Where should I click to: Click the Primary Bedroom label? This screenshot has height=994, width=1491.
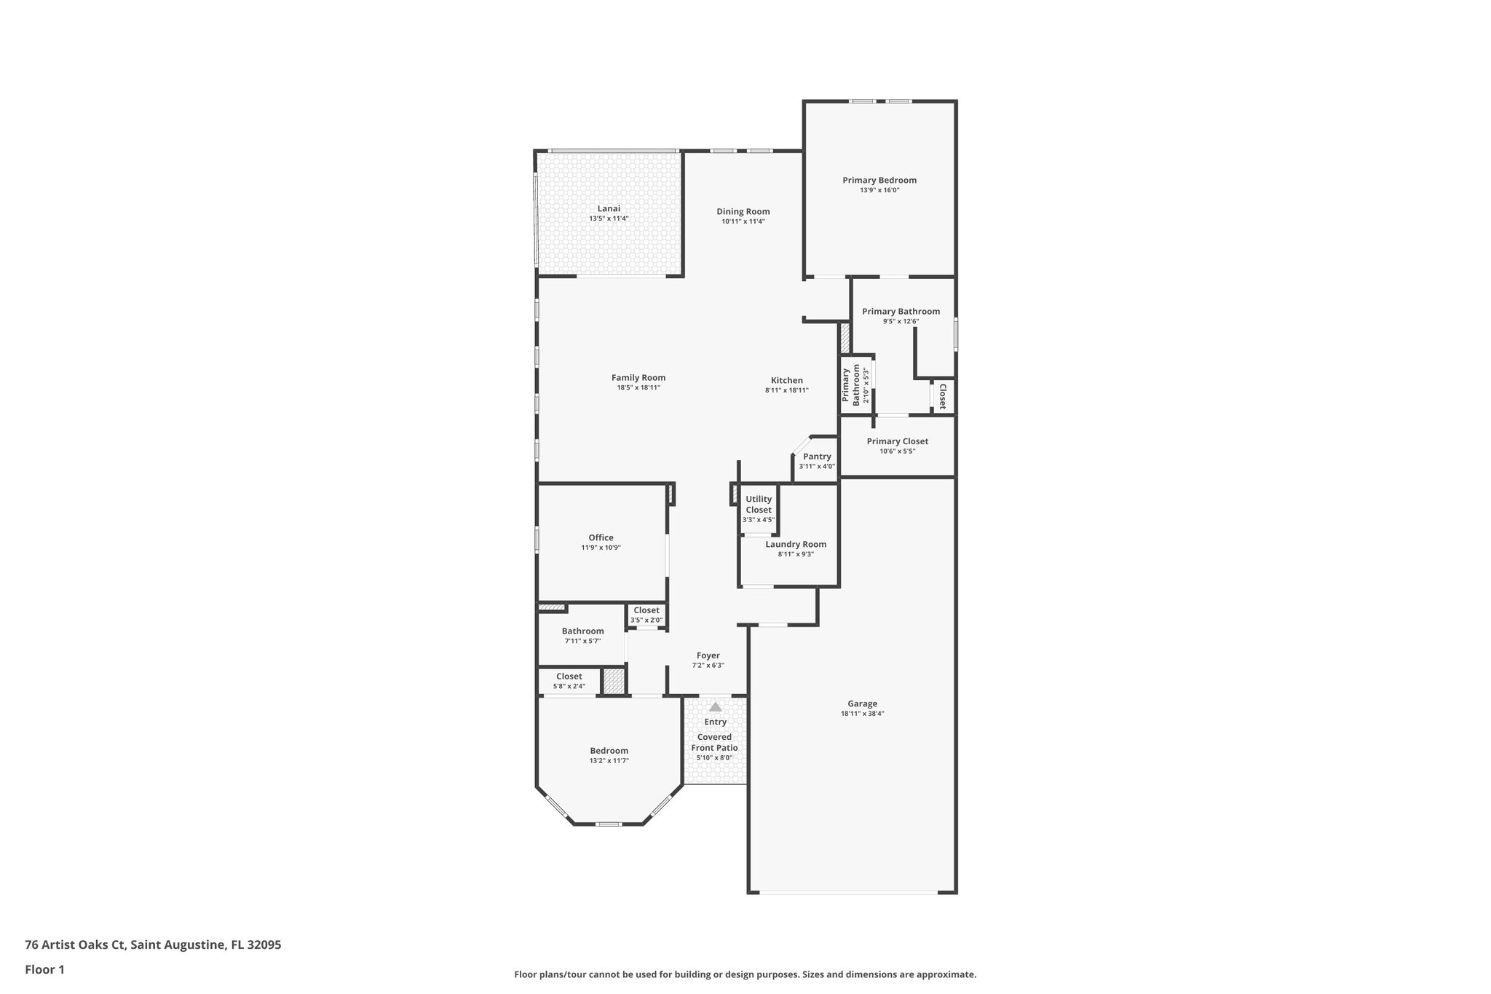click(x=879, y=181)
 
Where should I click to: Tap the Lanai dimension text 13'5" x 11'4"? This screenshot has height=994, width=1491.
click(x=609, y=218)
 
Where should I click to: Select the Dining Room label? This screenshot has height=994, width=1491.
click(x=743, y=212)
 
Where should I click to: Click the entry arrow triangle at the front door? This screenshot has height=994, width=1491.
click(x=715, y=707)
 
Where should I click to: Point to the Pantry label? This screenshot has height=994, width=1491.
click(x=817, y=457)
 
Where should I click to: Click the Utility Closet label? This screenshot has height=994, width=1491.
click(x=759, y=504)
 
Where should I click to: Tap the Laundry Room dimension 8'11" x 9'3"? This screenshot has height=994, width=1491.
click(x=795, y=554)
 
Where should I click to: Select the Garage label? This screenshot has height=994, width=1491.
click(x=862, y=704)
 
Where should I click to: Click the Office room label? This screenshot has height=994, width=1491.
click(x=601, y=537)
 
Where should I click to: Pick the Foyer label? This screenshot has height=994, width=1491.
click(x=708, y=655)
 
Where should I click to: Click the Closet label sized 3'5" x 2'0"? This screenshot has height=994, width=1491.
click(x=646, y=610)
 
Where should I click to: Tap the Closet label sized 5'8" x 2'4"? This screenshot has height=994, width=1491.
click(x=569, y=677)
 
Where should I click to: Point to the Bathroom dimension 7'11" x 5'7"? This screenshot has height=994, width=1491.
click(x=582, y=642)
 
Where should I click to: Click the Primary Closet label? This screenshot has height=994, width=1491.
click(x=897, y=441)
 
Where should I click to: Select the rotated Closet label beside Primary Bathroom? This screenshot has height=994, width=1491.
click(x=942, y=397)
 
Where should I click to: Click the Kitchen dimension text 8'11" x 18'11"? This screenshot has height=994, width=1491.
click(x=786, y=390)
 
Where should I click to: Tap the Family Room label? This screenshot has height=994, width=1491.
click(x=638, y=378)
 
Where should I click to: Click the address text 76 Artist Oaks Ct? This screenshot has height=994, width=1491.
click(x=76, y=945)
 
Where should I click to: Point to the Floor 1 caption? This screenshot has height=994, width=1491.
click(x=44, y=969)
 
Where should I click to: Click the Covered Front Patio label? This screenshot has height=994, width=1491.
click(x=714, y=742)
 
